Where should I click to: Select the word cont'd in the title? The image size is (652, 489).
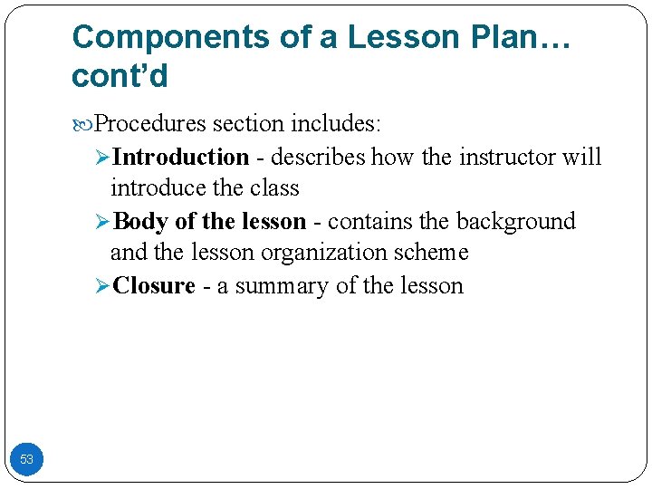[x=120, y=77]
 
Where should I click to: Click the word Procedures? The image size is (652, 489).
[x=149, y=123]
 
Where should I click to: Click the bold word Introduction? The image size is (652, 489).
[x=181, y=157]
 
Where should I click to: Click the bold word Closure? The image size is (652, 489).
[x=155, y=286]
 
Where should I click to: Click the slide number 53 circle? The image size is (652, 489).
[x=26, y=460]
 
